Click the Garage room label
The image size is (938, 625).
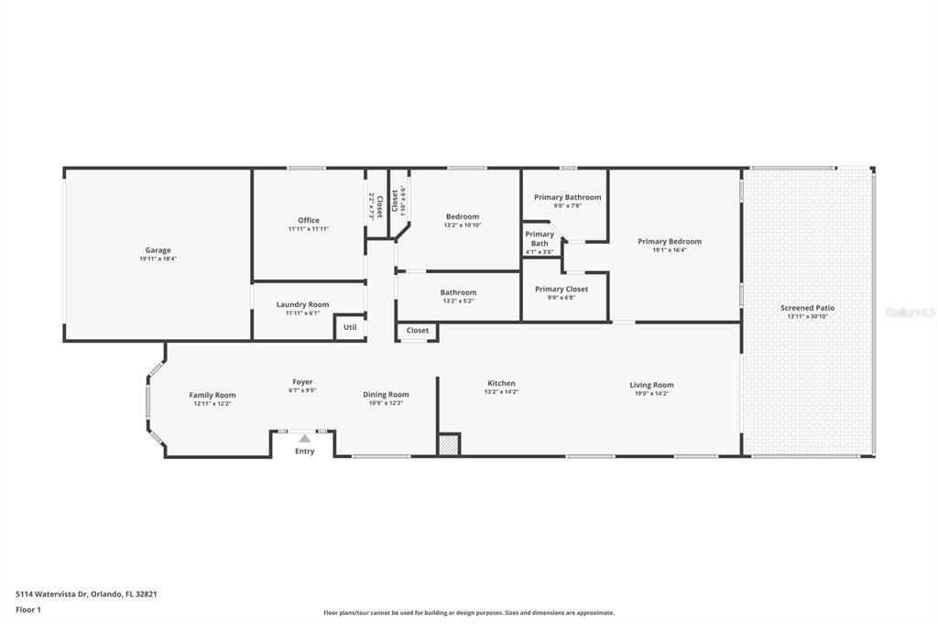coord(158,250)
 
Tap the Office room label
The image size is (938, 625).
coord(309,220)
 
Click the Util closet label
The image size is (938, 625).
coord(350,327)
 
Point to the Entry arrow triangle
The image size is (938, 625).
coord(304,439)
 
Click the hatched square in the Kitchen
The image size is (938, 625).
coord(448,444)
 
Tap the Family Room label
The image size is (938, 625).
coord(213,395)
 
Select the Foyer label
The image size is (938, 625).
coord(302,382)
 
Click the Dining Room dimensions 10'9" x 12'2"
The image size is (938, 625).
coord(386,403)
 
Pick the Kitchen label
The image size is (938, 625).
coord(501,383)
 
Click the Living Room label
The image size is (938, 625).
coord(651,385)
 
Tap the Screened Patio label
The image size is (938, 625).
coord(807,308)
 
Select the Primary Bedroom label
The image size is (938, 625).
coord(670,242)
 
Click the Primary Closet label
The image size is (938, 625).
coord(562,289)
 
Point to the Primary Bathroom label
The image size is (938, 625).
coord(568,197)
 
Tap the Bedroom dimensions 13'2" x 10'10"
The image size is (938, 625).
coord(463,225)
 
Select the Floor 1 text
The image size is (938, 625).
coord(28,609)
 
